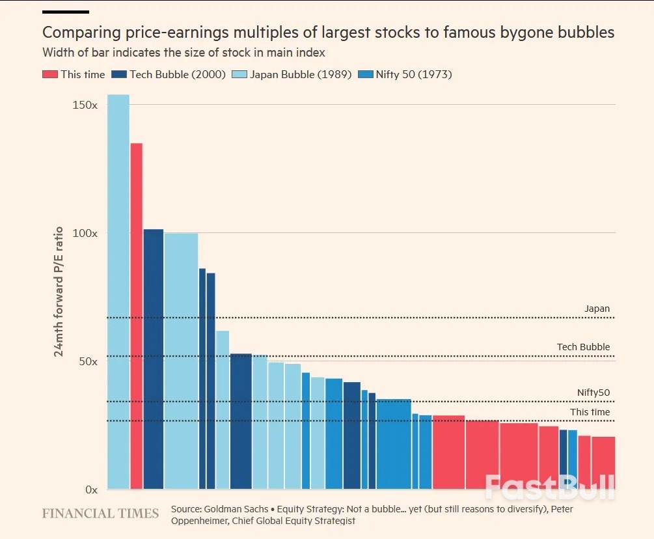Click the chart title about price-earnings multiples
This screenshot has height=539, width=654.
pos(328,33)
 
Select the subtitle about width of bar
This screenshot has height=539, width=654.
pos(184,53)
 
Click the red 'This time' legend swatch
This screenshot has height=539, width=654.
pos(50,74)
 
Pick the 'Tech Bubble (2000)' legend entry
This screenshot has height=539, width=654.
pos(169,74)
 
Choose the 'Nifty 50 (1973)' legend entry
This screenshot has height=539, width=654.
pos(407,74)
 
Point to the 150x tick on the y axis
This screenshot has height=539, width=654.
pos(85,105)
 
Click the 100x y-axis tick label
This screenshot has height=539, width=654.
pos(85,233)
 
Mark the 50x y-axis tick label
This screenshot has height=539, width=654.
pos(87,361)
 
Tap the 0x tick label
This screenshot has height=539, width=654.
pos(90,490)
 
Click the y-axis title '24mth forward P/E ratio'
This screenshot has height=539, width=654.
pos(59,291)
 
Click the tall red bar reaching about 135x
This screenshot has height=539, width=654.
pos(136,316)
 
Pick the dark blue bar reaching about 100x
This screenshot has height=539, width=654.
pos(153,359)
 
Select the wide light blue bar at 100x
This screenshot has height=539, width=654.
pos(181,361)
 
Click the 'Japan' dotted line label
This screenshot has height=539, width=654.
pos(597,309)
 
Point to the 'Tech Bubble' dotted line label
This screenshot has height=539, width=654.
pos(583,347)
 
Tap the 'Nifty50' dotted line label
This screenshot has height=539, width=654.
pos(593,393)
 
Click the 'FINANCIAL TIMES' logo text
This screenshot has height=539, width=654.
pos(100,514)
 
